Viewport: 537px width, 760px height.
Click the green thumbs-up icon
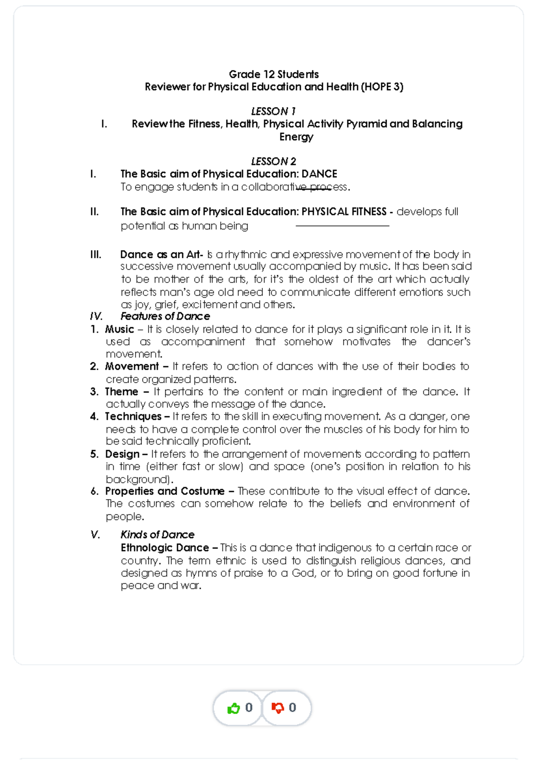tap(234, 708)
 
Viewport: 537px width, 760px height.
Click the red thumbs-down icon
tap(277, 708)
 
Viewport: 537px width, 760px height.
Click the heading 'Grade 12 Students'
tap(273, 74)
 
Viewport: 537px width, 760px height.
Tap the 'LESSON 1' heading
tap(273, 111)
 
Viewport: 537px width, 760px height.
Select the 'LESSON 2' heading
tap(273, 161)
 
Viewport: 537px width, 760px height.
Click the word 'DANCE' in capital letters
tap(319, 174)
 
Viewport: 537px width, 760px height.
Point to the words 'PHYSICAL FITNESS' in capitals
tap(344, 212)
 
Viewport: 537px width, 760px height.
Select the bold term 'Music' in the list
tap(119, 329)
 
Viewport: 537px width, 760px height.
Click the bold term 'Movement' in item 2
tap(132, 367)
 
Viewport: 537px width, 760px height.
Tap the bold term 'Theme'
tap(121, 392)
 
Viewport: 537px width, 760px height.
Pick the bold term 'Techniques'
tap(133, 417)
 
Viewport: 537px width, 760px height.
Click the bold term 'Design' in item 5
tap(122, 454)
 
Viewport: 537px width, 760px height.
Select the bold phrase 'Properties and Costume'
tap(165, 491)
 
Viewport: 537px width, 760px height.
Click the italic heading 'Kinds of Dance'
tap(157, 535)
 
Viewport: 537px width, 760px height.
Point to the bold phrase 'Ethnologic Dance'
tap(165, 548)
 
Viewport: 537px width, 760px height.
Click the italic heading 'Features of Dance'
tap(165, 316)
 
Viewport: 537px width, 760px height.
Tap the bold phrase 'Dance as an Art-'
tap(162, 255)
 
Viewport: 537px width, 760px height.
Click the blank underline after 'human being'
tap(342, 226)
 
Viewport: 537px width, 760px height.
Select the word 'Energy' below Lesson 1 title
tap(296, 137)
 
